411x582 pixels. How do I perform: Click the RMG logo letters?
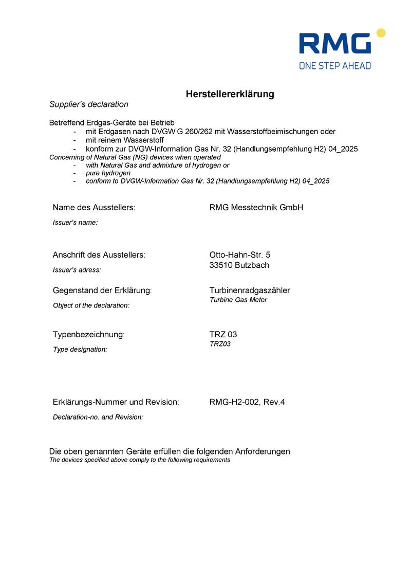pos(334,44)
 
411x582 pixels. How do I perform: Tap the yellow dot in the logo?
pos(381,33)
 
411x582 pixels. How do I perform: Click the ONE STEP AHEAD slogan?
pos(335,65)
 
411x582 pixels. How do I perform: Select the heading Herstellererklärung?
pos(230,94)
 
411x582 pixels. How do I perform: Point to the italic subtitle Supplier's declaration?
pos(89,104)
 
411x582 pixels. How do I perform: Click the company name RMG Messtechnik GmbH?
pos(256,208)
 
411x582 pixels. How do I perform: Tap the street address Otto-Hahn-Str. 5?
pos(240,254)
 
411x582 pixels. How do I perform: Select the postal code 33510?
pos(221,265)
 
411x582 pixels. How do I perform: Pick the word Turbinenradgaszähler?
pos(250,290)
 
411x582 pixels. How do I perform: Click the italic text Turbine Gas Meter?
pos(238,300)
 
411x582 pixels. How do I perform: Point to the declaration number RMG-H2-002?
pos(234,402)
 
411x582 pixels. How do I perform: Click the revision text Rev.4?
pos(274,402)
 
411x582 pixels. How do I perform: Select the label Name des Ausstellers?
pos(94,208)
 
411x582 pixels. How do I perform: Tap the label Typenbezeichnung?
pos(89,335)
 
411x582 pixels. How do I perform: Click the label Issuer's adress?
pos(77,269)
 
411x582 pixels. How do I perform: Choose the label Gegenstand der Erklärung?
pos(102,290)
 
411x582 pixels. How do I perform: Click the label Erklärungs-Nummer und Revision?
pos(116,402)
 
